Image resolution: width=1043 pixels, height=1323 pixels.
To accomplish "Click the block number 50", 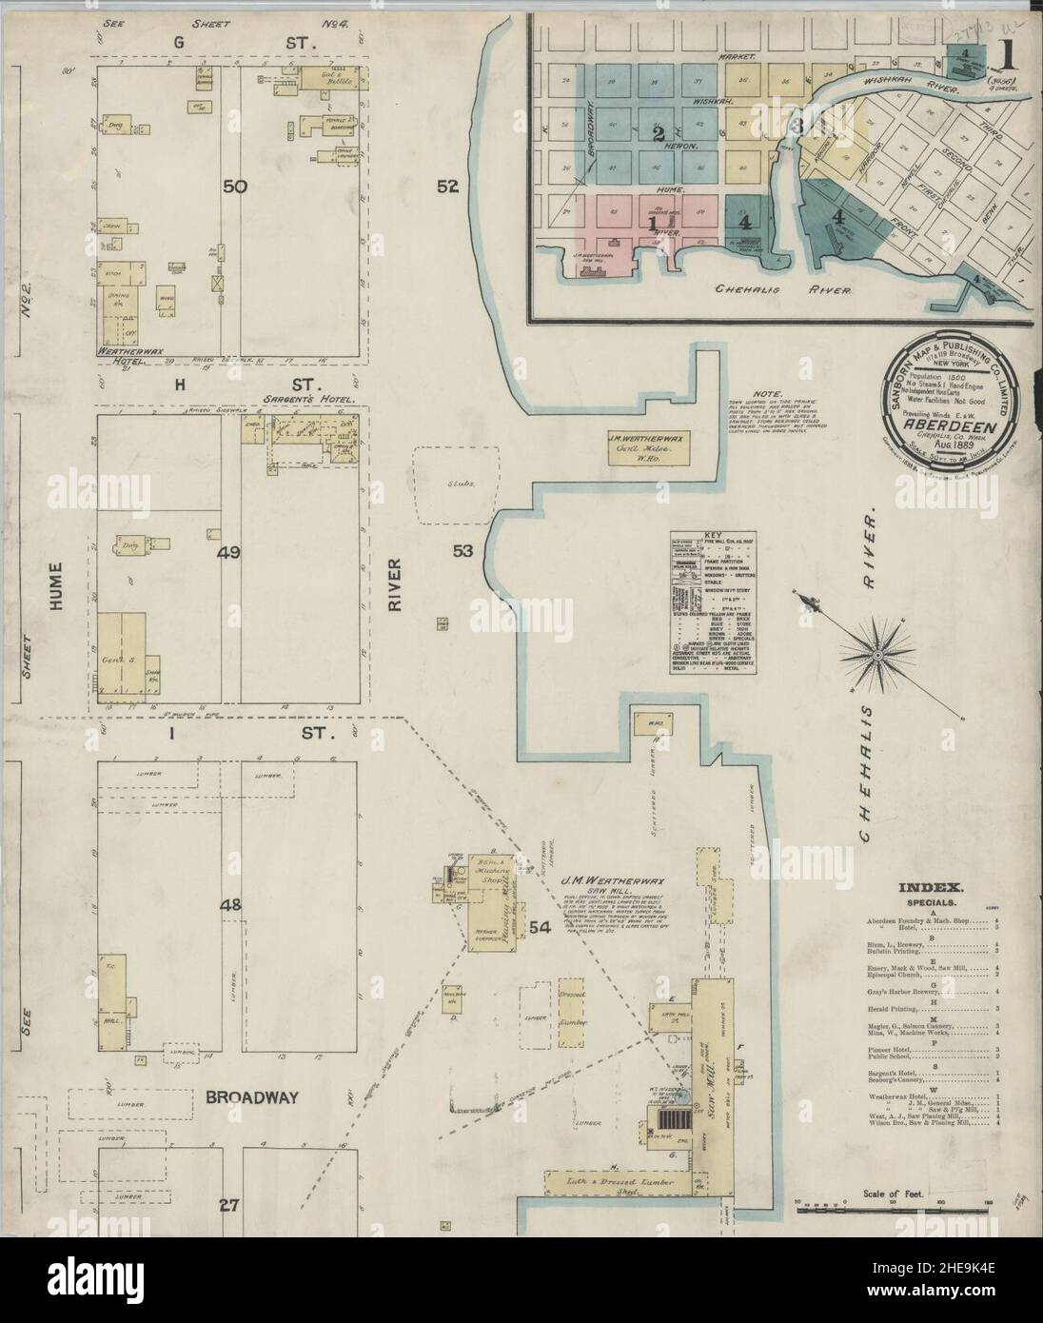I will click(235, 188).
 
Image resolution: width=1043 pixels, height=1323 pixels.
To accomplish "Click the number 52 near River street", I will click(448, 188).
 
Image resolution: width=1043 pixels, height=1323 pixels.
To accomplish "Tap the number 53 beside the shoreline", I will click(462, 550).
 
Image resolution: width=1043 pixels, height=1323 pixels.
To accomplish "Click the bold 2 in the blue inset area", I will click(657, 133).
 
